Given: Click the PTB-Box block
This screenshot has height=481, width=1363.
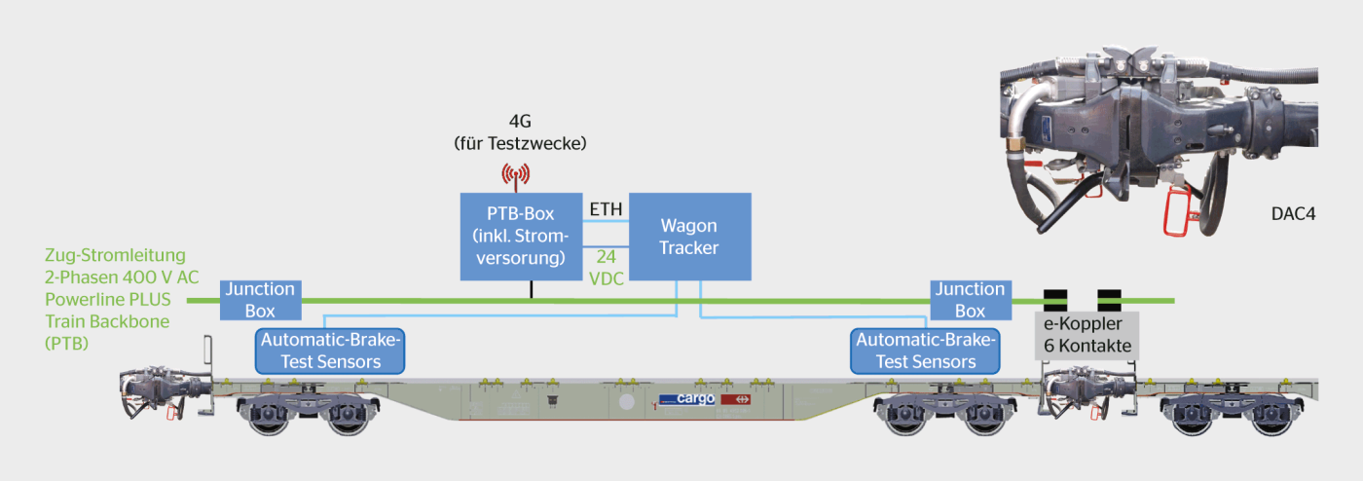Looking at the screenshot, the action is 521,237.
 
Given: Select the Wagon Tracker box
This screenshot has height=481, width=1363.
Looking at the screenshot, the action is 690,237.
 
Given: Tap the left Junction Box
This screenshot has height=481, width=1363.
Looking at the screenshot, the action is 261,300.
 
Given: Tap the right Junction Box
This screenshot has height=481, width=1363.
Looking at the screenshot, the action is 971,300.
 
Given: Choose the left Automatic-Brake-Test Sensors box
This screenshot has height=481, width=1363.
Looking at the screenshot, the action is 330,351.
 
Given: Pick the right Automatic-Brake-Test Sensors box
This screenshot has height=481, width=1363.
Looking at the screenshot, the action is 925,351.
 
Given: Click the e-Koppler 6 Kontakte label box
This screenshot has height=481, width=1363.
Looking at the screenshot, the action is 1087,335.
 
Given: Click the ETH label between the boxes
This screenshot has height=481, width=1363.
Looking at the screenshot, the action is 606,209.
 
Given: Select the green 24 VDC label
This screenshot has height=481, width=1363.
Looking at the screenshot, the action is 606,268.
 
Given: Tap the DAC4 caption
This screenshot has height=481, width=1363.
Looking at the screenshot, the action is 1293,214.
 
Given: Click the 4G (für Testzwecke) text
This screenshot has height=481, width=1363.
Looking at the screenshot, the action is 520,132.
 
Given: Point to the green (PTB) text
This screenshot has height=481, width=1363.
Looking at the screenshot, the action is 66,344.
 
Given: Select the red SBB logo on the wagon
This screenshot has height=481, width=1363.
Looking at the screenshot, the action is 736,399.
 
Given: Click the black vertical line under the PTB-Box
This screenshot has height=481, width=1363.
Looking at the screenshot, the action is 532,289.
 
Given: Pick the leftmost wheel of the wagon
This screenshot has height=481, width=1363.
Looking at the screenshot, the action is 268,417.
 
